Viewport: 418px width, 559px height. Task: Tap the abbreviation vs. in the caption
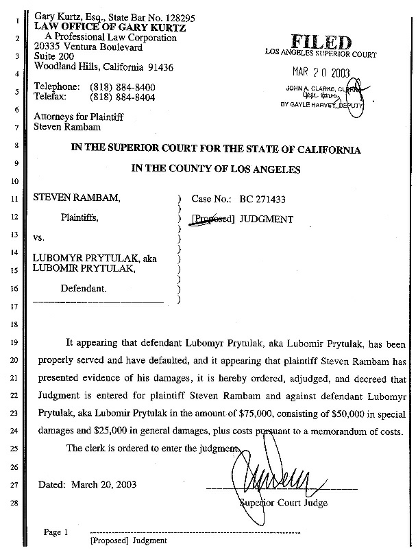coord(40,242)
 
